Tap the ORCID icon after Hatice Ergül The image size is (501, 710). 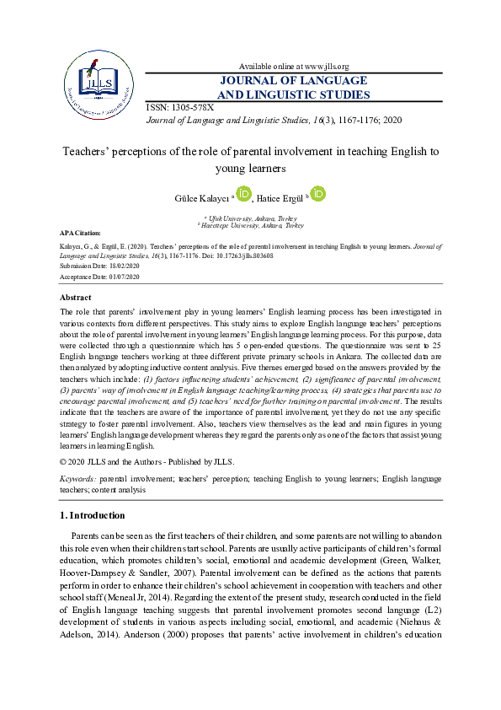[x=317, y=195]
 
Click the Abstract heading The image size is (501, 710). [x=76, y=298]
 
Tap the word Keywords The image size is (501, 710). [x=77, y=478]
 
